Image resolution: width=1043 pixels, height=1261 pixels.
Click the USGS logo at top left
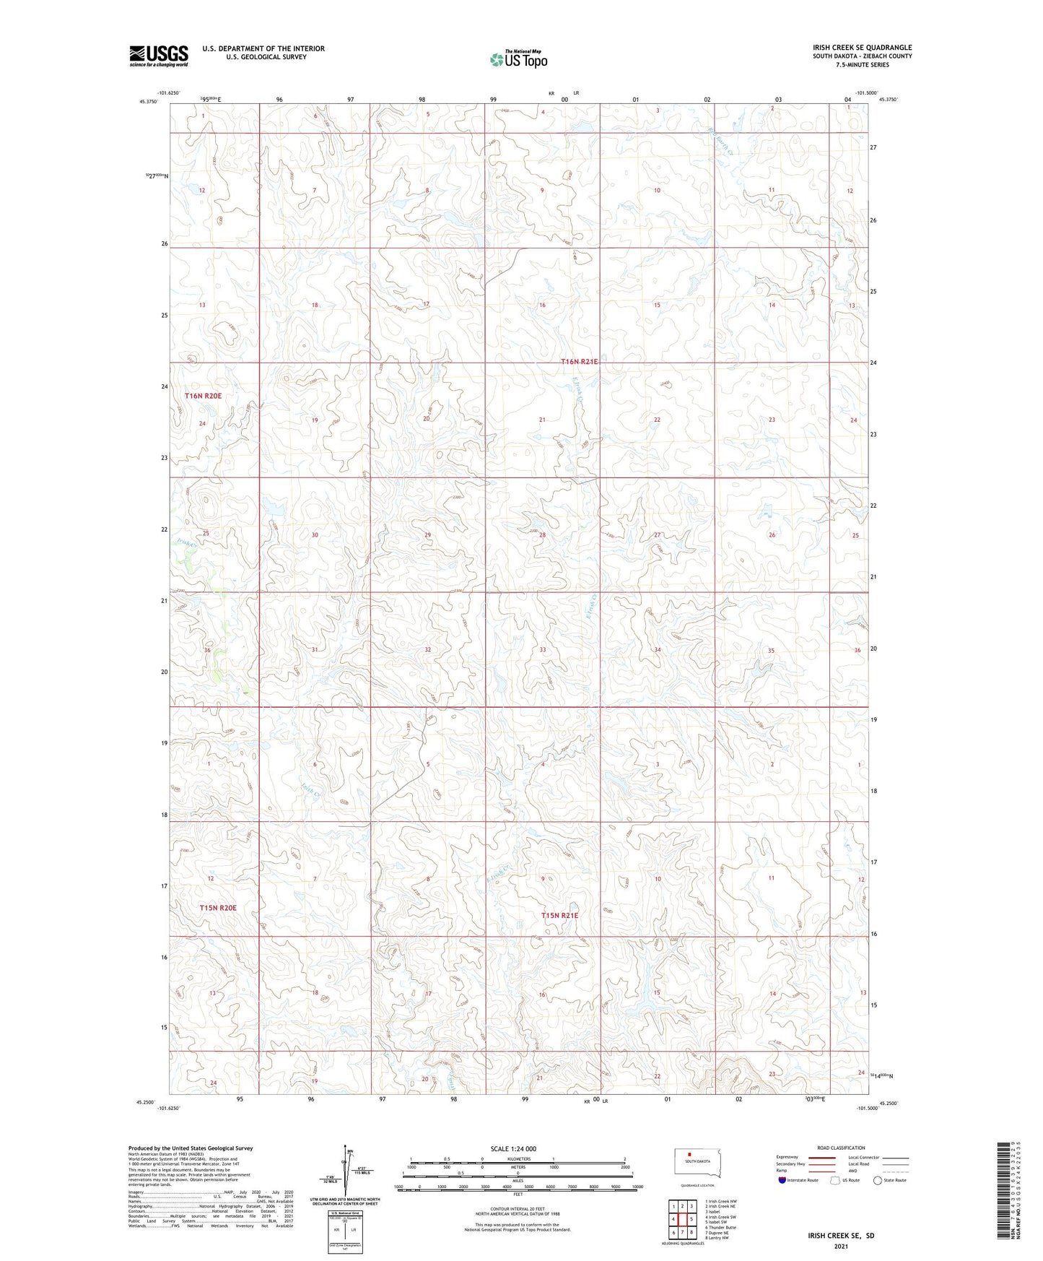point(158,56)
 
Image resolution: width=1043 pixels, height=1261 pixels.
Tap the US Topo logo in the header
point(518,59)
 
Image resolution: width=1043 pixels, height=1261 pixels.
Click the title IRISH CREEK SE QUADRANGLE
point(862,48)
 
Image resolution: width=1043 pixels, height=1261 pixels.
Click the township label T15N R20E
point(218,908)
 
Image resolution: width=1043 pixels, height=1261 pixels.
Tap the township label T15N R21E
point(559,916)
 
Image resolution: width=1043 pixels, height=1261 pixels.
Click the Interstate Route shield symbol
point(782,1180)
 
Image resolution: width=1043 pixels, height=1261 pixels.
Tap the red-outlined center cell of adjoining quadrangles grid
point(682,1219)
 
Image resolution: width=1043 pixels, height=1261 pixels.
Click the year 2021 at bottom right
point(841,1246)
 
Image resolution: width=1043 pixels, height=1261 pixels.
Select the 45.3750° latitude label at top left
point(147,102)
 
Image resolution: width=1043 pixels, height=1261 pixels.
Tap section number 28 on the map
point(542,535)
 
